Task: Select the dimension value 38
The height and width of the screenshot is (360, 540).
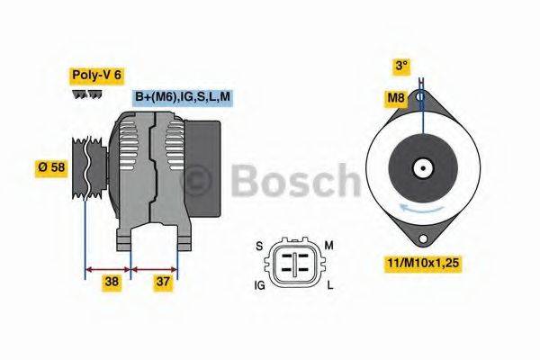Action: pyautogui.click(x=112, y=281)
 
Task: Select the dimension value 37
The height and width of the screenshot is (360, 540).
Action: pyautogui.click(x=163, y=281)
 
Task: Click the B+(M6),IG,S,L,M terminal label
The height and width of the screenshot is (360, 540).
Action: pyautogui.click(x=182, y=97)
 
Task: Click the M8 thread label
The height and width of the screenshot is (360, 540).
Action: pyautogui.click(x=395, y=97)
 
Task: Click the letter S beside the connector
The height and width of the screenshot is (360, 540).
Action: pyautogui.click(x=259, y=245)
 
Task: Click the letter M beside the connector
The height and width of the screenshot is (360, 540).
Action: pyautogui.click(x=329, y=245)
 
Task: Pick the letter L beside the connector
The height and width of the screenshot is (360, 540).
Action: pyautogui.click(x=329, y=285)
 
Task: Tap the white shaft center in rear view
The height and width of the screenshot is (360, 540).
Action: pyautogui.click(x=421, y=167)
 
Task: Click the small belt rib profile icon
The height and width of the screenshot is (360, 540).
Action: pyautogui.click(x=87, y=94)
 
